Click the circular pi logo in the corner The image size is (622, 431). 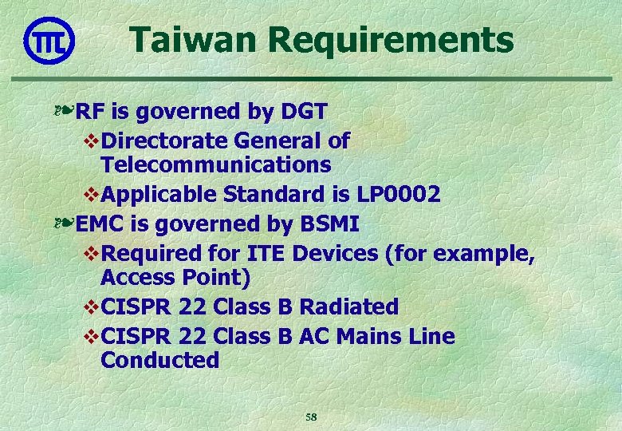point(49,41)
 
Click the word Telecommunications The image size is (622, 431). point(215,165)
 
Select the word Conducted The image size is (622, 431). point(159,361)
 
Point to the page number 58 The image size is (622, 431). point(311,417)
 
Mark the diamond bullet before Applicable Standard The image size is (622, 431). point(89,195)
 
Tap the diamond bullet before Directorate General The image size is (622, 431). point(89,141)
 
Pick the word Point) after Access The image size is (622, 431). point(215,278)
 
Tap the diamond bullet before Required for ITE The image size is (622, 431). point(89,254)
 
